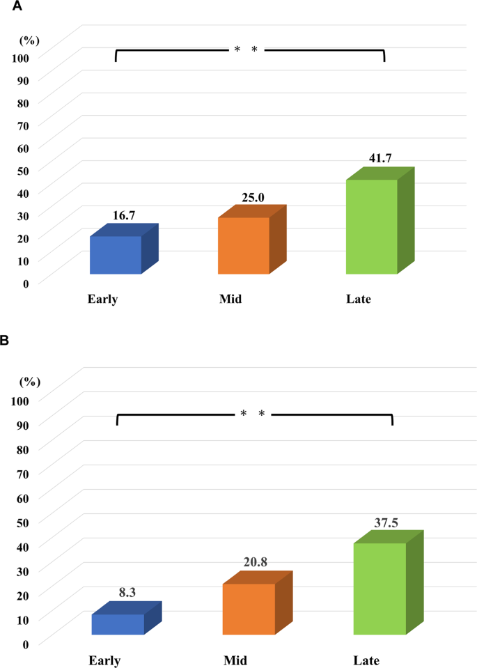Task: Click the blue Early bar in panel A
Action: [116, 254]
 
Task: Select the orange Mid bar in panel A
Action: [244, 245]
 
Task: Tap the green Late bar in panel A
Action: [372, 226]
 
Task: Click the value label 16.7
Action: [123, 216]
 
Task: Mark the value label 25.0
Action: [252, 198]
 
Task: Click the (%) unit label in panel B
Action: [29, 381]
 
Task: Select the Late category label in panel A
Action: [359, 300]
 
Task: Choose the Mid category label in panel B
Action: [235, 660]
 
